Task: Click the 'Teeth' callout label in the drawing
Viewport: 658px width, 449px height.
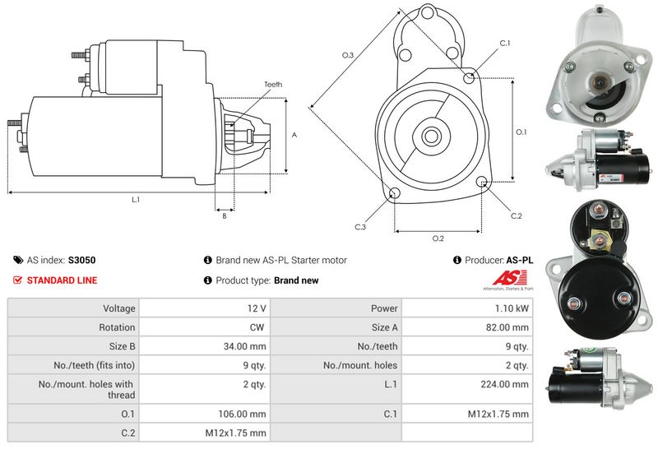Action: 273,85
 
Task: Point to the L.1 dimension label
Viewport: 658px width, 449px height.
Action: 136,200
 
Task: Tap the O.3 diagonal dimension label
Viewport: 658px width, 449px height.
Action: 348,55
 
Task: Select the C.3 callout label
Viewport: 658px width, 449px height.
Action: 360,227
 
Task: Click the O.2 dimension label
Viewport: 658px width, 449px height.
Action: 438,238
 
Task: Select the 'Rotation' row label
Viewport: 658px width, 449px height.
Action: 118,327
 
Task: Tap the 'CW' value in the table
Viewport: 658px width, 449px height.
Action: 257,327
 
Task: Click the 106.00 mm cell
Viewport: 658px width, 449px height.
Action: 246,414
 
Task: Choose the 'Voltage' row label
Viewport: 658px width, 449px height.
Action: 119,308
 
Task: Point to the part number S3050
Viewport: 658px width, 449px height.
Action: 82,260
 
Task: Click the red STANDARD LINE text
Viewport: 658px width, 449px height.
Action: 62,280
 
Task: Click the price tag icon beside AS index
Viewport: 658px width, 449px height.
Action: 18,260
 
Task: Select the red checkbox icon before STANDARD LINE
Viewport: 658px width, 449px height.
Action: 18,280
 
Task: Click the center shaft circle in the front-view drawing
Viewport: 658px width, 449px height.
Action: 430,134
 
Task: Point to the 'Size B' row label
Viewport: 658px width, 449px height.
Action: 121,346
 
